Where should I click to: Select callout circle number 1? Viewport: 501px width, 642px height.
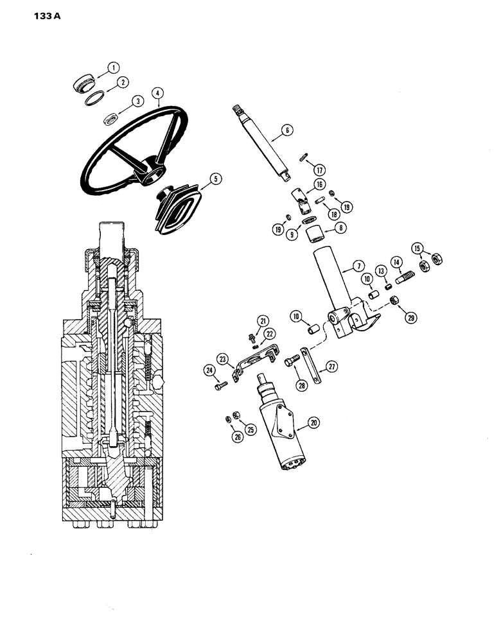113,67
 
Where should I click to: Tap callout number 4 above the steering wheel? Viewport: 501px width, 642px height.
157,94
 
